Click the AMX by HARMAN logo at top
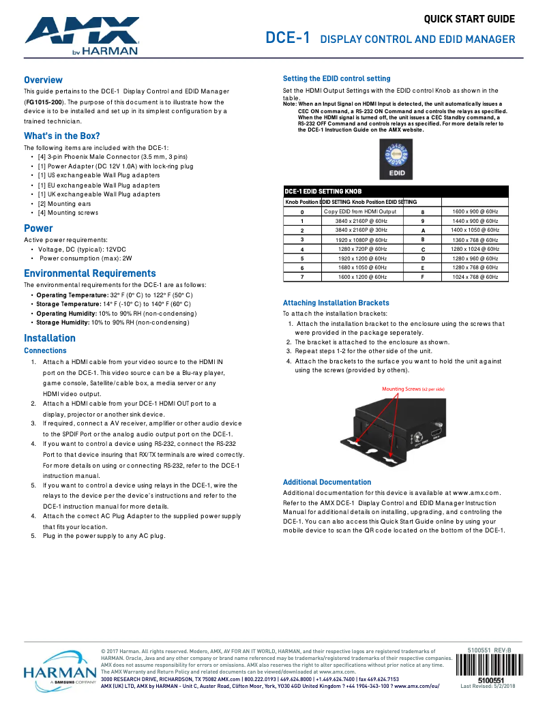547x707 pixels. pos(83,36)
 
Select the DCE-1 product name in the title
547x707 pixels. pos(288,38)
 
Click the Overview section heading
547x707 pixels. pos(43,80)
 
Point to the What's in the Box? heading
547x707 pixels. pos(62,136)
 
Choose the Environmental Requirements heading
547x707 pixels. pos(90,273)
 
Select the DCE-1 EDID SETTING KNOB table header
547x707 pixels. pos(323,192)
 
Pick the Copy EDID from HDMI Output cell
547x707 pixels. pos(359,211)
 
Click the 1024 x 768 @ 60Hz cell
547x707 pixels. pos(475,277)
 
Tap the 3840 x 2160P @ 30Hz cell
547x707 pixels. pos(361,230)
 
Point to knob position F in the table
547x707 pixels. pos(423,277)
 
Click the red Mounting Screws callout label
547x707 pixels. pos(413,389)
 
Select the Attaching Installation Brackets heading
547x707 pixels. pos(336,303)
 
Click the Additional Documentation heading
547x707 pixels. pos(327,482)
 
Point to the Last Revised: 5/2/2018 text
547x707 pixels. pos(488,686)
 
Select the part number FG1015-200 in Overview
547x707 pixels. pos(44,101)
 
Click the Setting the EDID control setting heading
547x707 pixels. pos(336,78)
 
